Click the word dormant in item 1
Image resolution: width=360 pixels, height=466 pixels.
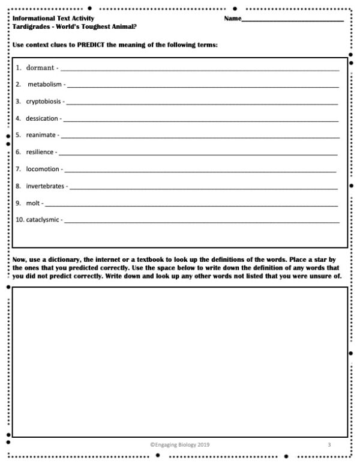40,68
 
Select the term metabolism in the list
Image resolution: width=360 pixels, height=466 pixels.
44,85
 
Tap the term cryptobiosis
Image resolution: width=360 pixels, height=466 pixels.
43,101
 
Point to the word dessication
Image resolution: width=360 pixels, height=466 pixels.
42,118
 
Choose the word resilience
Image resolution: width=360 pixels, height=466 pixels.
40,152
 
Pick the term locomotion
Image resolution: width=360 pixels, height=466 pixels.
43,169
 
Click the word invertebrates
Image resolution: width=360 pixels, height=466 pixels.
45,186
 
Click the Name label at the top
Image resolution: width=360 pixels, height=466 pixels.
232,19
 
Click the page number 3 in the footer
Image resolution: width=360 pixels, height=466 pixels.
329,445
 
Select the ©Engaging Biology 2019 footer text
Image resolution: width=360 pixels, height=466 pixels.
180,445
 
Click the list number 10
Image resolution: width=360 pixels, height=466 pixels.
20,220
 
